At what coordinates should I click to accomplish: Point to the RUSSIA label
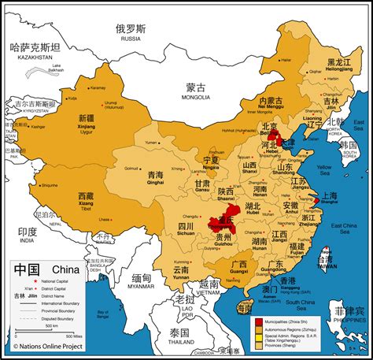(x=131, y=38)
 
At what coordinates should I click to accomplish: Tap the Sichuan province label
(x=186, y=232)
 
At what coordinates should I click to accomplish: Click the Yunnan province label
(x=181, y=277)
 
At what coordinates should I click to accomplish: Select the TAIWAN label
(x=328, y=268)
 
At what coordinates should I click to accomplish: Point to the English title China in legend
(x=67, y=269)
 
